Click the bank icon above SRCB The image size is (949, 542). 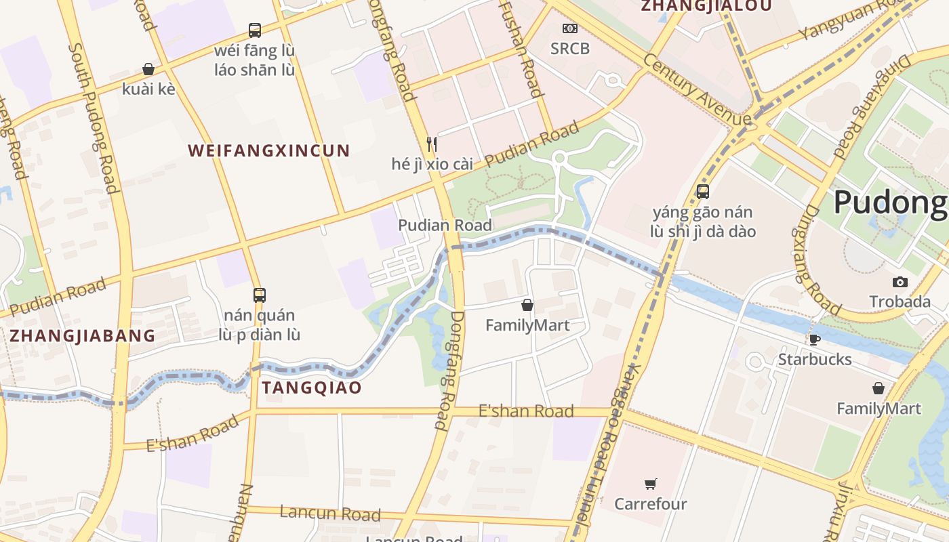pos(570,28)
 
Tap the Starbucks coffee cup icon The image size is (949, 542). pos(814,339)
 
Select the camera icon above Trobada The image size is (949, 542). pos(900,282)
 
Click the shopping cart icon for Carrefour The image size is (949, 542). pos(651,484)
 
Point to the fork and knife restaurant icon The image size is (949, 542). pos(431,144)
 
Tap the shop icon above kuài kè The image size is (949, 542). pos(148,69)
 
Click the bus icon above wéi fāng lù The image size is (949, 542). pos(255,30)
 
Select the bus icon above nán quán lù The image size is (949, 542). pos(259,295)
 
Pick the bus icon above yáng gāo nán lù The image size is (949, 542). pos(703,191)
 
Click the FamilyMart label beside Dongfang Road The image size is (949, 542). pos(527,325)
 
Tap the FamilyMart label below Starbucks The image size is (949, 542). pos(879,409)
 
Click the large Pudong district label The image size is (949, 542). pos(889,202)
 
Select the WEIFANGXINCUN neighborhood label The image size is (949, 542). pos(269,150)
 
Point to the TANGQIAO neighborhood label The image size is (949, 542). pos(312,388)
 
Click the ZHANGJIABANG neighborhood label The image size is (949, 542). pos(82,335)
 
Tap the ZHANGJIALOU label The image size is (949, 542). pos(706,6)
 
